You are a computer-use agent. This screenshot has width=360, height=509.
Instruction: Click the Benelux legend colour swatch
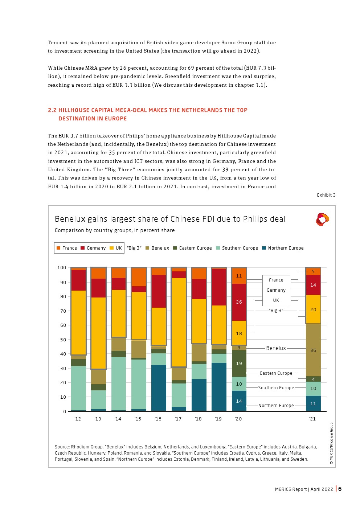(x=147, y=248)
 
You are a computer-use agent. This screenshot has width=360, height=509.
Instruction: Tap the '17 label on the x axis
(x=178, y=419)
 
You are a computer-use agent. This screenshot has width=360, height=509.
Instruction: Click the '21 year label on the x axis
(x=312, y=419)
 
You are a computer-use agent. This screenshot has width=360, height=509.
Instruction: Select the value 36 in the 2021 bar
(x=313, y=350)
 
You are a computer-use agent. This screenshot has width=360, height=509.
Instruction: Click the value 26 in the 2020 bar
(x=239, y=302)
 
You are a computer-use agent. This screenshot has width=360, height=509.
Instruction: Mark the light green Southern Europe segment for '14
(x=118, y=383)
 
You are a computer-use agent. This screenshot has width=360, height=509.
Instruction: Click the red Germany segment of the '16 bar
(x=159, y=291)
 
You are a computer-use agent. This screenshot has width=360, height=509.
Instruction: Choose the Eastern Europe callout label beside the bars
(x=276, y=373)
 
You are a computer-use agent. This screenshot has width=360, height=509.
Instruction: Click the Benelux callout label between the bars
(x=276, y=348)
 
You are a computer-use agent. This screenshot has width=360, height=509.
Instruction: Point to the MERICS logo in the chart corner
(x=322, y=219)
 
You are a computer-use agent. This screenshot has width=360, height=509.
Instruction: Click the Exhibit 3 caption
(x=326, y=195)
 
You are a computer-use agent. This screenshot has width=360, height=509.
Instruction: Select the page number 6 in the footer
(x=340, y=489)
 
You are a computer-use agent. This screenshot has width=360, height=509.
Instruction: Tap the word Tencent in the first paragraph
(x=58, y=43)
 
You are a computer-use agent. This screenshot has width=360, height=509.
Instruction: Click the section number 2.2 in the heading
(x=52, y=110)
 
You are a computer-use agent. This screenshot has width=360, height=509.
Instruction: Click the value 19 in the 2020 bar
(x=239, y=363)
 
